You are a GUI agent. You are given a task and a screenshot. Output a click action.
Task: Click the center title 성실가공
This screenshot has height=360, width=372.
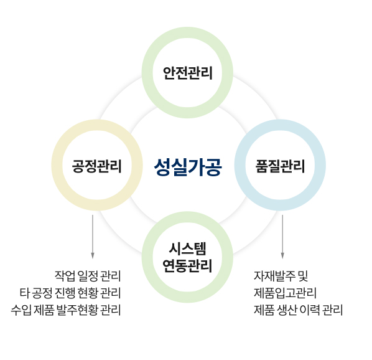pyautogui.click(x=188, y=167)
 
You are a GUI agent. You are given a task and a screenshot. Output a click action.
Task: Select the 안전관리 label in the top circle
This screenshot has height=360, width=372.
pyautogui.click(x=187, y=73)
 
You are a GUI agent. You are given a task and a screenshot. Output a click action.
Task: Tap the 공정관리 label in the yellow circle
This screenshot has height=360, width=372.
pyautogui.click(x=97, y=166)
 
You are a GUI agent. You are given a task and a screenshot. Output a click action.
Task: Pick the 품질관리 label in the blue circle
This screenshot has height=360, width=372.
pyautogui.click(x=280, y=166)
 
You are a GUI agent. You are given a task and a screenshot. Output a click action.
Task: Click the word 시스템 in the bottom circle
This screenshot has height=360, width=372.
pyautogui.click(x=187, y=249)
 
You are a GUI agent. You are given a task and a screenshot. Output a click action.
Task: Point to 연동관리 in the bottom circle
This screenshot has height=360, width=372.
pyautogui.click(x=187, y=265)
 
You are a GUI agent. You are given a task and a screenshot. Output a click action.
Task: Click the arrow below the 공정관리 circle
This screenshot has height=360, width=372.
pyautogui.click(x=93, y=237)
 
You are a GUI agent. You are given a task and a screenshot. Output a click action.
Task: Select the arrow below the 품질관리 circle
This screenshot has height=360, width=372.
pyautogui.click(x=282, y=237)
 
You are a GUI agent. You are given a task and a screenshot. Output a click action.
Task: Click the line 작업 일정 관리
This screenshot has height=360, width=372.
pyautogui.click(x=88, y=276)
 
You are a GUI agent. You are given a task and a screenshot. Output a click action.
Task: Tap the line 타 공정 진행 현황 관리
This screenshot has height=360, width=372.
pyautogui.click(x=70, y=293)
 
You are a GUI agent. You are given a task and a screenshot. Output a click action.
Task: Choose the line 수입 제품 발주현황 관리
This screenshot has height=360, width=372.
pyautogui.click(x=66, y=310)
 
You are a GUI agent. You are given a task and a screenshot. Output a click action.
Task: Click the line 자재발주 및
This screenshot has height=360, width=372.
pyautogui.click(x=281, y=276)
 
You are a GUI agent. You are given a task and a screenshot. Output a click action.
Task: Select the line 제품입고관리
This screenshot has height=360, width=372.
pyautogui.click(x=285, y=293)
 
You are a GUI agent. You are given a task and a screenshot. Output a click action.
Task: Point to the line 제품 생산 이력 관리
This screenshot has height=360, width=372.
pyautogui.click(x=298, y=310)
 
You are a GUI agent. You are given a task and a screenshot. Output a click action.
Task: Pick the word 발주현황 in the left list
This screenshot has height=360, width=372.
pyautogui.click(x=77, y=310)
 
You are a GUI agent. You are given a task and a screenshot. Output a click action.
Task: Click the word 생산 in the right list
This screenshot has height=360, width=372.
pyautogui.click(x=287, y=310)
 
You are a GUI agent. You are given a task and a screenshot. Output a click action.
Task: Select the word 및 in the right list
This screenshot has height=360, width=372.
pyautogui.click(x=303, y=276)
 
